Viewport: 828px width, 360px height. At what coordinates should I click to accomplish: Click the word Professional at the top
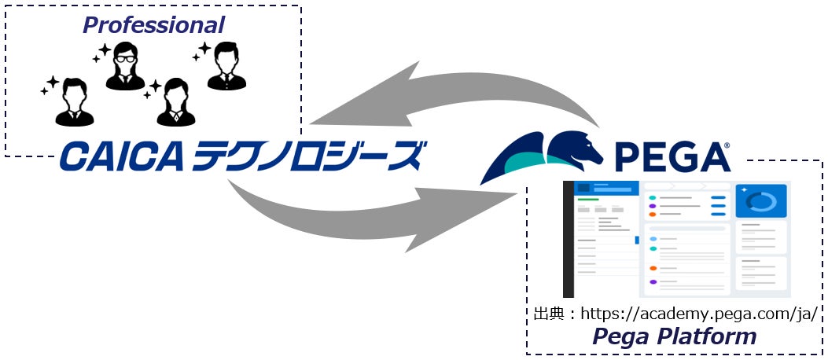pos(153,25)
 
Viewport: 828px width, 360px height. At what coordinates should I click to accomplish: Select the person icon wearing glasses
pos(125,68)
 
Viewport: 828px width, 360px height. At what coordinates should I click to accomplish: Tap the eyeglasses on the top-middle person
pos(125,56)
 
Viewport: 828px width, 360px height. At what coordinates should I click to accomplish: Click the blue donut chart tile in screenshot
pos(760,202)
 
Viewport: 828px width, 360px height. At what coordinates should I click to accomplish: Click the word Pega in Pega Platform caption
pos(621,336)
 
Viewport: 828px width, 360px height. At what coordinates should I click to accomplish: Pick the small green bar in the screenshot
pos(587,200)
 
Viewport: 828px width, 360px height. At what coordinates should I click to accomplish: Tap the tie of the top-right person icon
pos(226,78)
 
